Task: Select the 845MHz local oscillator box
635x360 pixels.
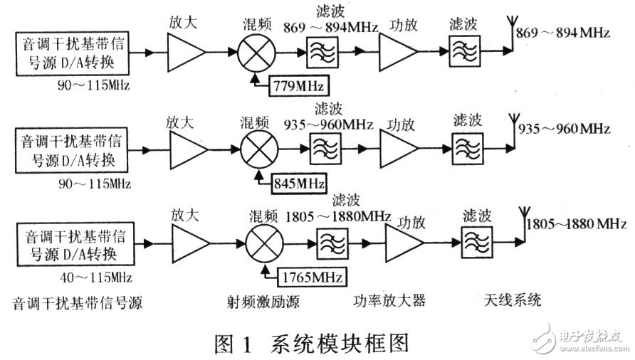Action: point(298,184)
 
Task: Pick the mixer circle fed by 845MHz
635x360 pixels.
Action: point(258,151)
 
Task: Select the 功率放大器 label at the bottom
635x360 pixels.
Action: point(389,300)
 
